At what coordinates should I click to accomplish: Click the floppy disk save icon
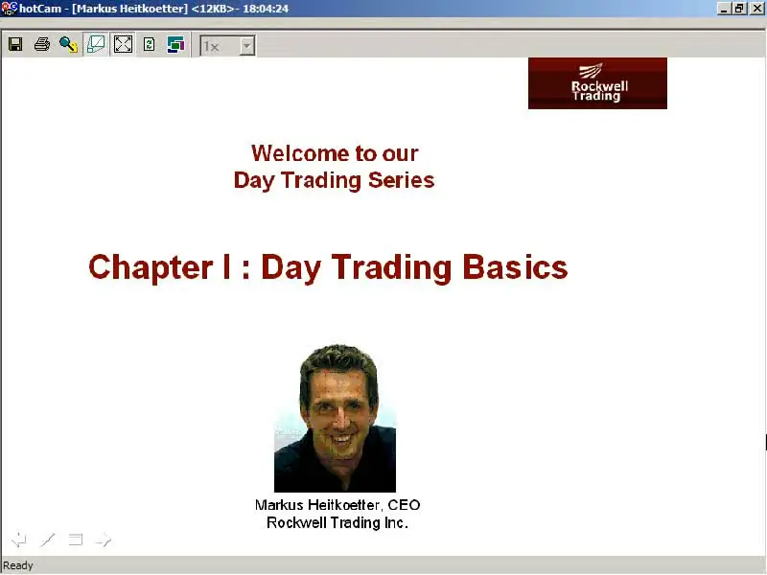coord(15,44)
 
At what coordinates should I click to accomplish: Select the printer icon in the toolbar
coord(42,44)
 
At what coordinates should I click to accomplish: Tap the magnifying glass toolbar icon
coord(68,44)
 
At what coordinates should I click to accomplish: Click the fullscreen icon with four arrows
coord(123,44)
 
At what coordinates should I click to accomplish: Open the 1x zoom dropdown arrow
coord(247,46)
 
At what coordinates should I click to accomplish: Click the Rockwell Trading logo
coord(597,83)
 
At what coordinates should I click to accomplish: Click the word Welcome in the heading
coord(300,153)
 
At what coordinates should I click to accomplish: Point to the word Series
coord(401,180)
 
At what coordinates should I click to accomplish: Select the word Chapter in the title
coord(151,267)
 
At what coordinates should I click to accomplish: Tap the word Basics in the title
coord(515,267)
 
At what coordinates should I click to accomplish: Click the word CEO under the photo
coord(404,505)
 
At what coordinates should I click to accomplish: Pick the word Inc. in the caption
coord(396,522)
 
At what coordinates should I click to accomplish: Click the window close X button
coord(756,9)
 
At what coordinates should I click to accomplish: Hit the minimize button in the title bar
coord(724,9)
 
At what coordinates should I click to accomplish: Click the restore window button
coord(738,9)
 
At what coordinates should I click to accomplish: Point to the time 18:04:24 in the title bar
coord(266,9)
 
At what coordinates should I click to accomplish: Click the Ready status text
coord(18,565)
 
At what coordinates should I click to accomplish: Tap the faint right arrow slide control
coord(104,540)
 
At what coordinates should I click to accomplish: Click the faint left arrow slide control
coord(19,540)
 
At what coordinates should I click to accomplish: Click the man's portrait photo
coord(335,419)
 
